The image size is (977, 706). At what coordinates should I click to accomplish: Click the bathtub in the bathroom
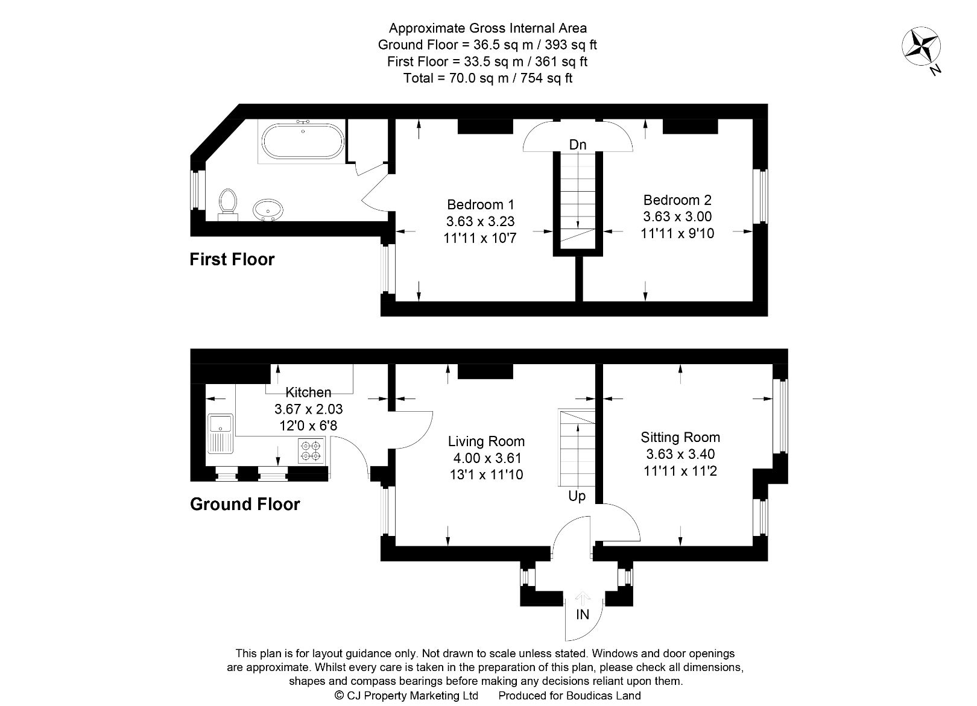[x=303, y=141]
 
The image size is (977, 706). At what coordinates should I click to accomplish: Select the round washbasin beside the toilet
[x=268, y=210]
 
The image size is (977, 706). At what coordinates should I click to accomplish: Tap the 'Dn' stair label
[x=578, y=145]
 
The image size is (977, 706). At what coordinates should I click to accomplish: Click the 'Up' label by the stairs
[x=577, y=496]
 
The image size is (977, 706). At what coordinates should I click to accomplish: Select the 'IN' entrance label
[x=582, y=614]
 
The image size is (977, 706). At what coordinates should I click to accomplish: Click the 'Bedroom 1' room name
[x=480, y=204]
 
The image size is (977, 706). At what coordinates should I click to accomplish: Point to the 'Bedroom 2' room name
[x=677, y=200]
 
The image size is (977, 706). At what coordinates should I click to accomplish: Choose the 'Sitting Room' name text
[x=680, y=437]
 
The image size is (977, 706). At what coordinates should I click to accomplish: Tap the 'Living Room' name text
[x=486, y=441]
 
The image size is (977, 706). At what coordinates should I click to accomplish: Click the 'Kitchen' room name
[x=308, y=392]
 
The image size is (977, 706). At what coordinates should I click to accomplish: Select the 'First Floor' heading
[x=232, y=259]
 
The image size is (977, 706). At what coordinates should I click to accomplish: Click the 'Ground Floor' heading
[x=245, y=504]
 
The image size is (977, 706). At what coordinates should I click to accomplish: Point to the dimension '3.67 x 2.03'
[x=308, y=409]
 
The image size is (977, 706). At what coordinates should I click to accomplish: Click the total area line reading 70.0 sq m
[x=488, y=78]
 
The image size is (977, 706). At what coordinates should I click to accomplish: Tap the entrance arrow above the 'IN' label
[x=582, y=598]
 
